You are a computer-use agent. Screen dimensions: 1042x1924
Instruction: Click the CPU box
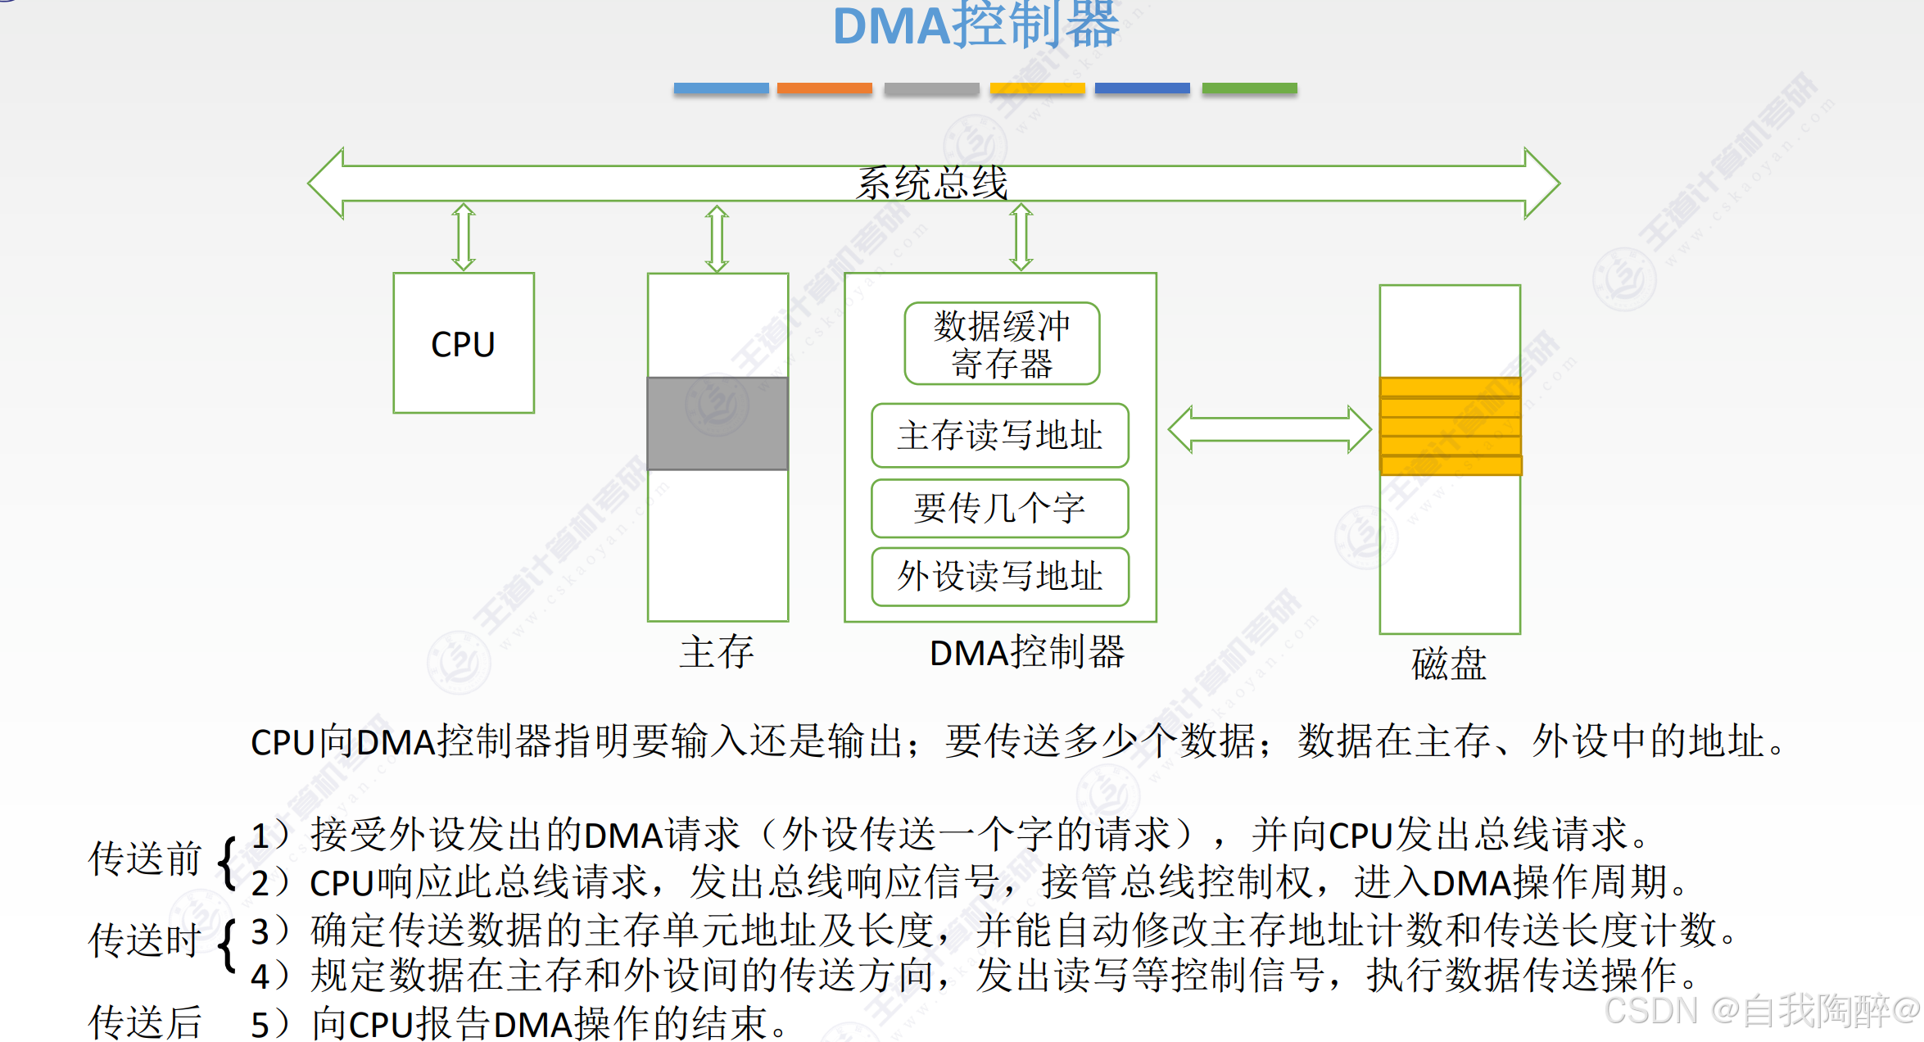pos(464,343)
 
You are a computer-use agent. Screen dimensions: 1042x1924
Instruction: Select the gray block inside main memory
pos(718,424)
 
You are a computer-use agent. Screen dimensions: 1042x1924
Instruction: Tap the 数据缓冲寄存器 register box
pos(1002,344)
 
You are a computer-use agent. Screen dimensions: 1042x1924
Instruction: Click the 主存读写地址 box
pos(1000,435)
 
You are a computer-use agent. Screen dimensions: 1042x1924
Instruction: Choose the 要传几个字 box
pos(1000,508)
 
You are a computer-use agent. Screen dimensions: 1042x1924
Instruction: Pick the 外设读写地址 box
pos(1000,576)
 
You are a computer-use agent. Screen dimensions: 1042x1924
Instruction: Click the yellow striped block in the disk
pos(1450,426)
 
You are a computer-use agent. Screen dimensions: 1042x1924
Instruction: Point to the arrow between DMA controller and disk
pos(1269,429)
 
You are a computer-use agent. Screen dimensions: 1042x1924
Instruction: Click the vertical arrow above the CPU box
pos(464,237)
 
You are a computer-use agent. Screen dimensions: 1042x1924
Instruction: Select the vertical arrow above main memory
pos(717,238)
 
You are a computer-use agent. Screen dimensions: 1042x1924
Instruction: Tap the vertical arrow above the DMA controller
pos(1021,237)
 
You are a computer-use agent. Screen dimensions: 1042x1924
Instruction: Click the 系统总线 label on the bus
pos(932,183)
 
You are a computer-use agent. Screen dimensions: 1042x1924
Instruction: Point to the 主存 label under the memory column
pos(717,652)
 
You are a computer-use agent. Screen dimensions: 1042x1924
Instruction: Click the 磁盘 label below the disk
pos(1448,664)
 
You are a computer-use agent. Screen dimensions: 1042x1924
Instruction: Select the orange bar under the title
pos(824,88)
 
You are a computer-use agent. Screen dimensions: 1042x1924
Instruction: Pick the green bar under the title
pos(1249,88)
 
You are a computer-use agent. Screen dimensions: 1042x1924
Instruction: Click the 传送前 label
pos(145,859)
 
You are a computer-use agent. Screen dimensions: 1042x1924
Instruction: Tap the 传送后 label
pos(145,1022)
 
